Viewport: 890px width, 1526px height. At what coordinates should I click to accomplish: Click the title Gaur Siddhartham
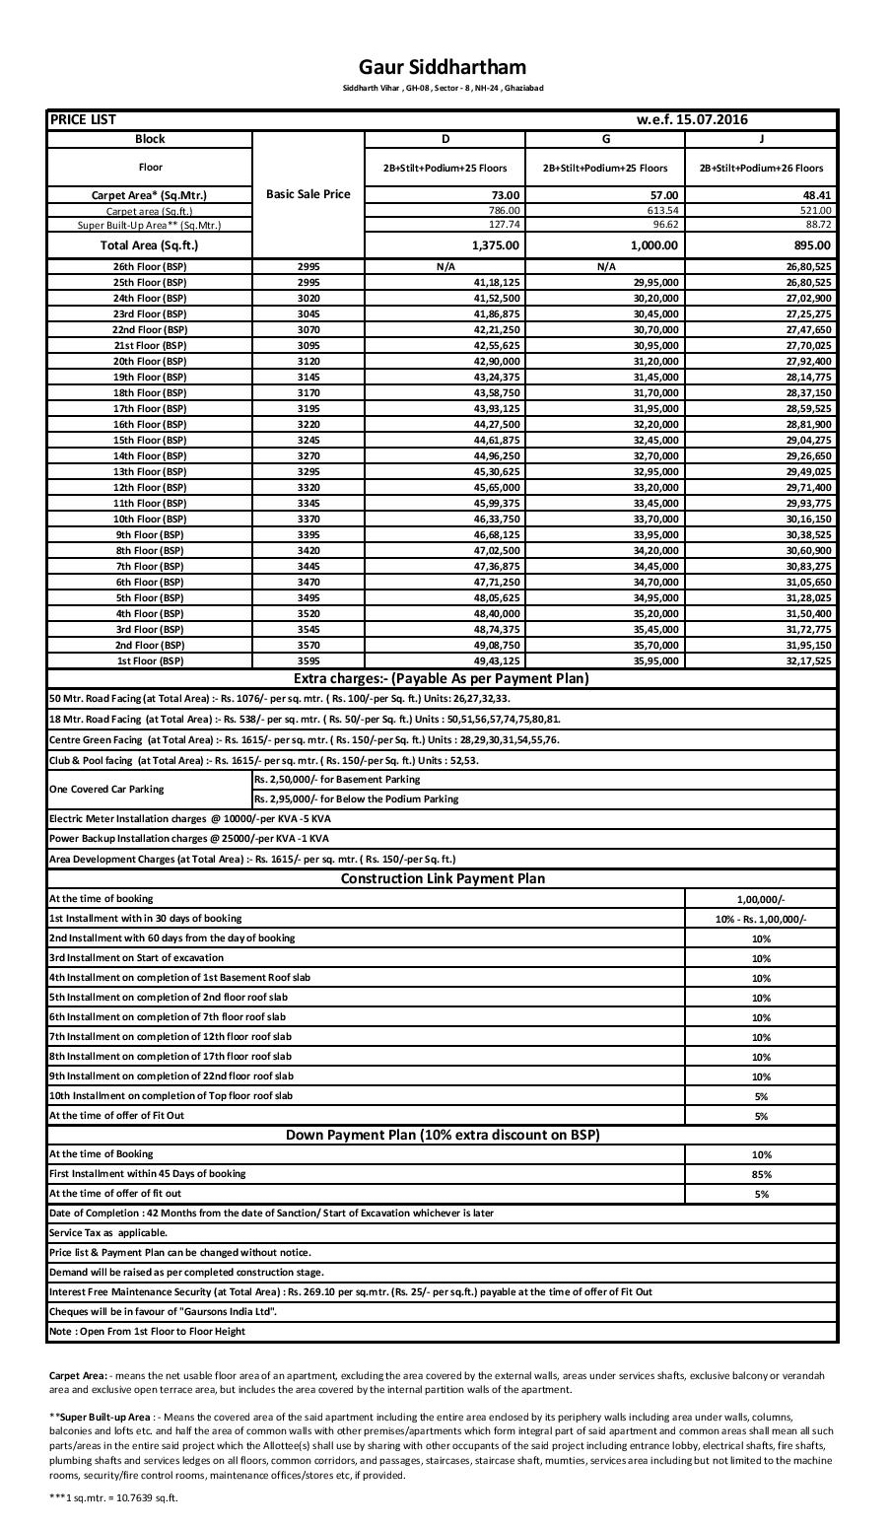[443, 67]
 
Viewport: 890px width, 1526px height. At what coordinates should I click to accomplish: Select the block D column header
[445, 139]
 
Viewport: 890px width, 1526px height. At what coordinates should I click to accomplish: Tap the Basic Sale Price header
[308, 194]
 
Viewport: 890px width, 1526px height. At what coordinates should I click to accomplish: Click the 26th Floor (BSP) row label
[150, 267]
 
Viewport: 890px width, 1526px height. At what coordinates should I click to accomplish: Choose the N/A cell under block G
[605, 267]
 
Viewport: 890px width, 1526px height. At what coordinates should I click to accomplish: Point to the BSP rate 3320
[308, 487]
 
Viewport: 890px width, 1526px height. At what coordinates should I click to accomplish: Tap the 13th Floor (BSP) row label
[150, 471]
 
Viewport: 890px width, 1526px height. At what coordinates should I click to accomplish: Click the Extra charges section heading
[442, 678]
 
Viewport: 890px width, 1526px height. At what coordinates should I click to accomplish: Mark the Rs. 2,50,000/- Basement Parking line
[337, 779]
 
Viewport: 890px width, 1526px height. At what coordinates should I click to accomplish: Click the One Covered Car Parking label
[106, 789]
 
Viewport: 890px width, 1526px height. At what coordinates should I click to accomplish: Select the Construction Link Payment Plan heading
[443, 878]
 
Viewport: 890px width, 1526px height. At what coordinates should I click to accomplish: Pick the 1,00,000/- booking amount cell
[760, 900]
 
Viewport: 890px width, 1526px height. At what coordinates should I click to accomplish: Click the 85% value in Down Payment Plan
[760, 1174]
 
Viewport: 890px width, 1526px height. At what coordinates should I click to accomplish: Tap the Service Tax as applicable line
[108, 1232]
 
